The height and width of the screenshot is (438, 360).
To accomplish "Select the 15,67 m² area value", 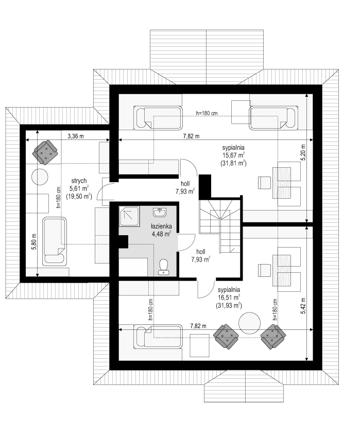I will pos(233,155).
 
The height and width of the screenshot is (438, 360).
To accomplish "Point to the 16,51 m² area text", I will pos(229,297).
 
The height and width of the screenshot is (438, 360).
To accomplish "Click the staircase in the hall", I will pos(220,222).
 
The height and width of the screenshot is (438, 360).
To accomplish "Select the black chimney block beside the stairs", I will pos(205,186).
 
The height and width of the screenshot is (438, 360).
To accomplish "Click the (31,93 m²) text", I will pos(229,305).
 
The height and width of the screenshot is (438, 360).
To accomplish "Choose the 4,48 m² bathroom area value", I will pos(160,234).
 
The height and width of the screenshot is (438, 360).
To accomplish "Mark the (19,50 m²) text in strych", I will pos(79,196).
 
